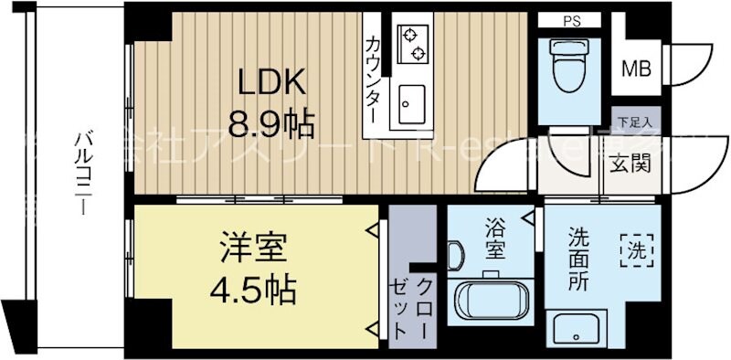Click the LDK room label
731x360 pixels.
271,83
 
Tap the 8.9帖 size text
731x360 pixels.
271,122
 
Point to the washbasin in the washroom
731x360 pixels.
576,328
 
